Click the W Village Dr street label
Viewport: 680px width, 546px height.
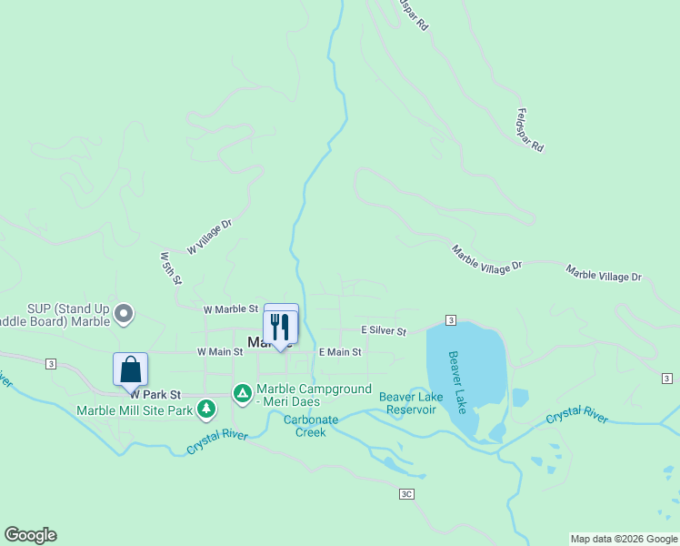tap(210, 237)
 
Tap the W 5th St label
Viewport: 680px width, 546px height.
tap(169, 268)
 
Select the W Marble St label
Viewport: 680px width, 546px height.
tap(231, 310)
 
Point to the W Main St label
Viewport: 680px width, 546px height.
tap(220, 351)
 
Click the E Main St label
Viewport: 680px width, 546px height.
tap(340, 351)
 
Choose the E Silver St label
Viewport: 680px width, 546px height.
tap(383, 331)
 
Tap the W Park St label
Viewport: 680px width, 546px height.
tap(155, 395)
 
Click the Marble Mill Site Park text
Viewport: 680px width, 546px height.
tap(135, 409)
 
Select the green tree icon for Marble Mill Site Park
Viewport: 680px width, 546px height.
tap(207, 409)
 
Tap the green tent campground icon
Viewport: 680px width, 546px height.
tap(242, 393)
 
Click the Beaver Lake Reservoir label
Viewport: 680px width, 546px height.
tap(408, 403)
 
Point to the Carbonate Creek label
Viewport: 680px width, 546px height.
tap(310, 426)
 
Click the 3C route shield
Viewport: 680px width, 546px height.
tap(406, 494)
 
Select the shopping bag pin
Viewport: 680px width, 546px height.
tap(131, 369)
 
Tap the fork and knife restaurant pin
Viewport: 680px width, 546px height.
tap(280, 325)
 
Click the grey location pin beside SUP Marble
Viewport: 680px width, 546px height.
tap(125, 315)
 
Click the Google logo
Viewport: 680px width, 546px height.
tap(30, 535)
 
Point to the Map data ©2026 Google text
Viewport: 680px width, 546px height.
tap(624, 539)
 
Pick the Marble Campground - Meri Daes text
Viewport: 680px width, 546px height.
tap(315, 395)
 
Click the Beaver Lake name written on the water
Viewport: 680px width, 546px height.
tap(458, 382)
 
